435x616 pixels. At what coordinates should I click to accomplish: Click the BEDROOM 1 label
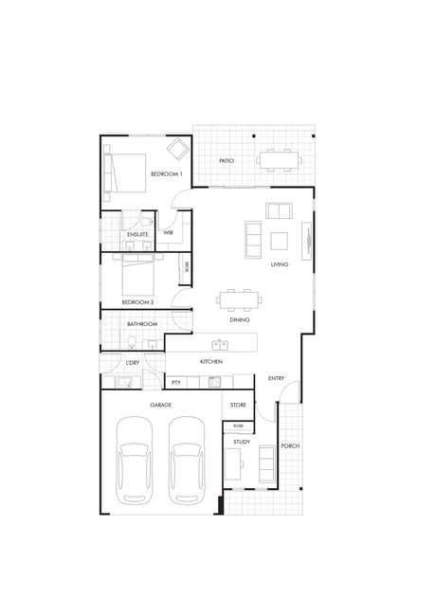[x=167, y=173]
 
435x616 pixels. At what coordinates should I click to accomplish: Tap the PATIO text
[x=227, y=161]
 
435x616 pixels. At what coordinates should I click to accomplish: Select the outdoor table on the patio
[x=279, y=160]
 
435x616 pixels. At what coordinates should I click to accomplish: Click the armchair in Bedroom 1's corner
[x=179, y=148]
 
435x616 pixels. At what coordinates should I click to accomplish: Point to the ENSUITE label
[x=138, y=234]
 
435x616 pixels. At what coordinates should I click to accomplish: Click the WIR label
[x=168, y=232]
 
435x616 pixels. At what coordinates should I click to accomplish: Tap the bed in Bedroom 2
[x=137, y=275]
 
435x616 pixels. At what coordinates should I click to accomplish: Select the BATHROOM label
[x=142, y=324]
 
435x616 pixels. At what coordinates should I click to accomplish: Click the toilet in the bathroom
[x=132, y=342]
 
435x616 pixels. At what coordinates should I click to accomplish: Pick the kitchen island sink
[x=220, y=345]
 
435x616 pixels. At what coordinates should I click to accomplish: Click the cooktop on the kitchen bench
[x=214, y=382]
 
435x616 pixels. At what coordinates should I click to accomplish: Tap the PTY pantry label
[x=176, y=382]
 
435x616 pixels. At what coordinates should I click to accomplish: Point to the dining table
[x=240, y=300]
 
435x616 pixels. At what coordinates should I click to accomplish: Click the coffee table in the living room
[x=279, y=241]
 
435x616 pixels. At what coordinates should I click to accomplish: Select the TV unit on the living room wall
[x=306, y=241]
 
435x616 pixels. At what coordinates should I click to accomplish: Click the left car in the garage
[x=135, y=461]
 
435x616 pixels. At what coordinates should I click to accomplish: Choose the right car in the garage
[x=187, y=461]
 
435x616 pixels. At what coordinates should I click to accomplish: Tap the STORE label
[x=238, y=405]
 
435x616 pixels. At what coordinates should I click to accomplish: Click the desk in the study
[x=232, y=464]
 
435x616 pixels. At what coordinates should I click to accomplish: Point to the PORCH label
[x=290, y=446]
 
